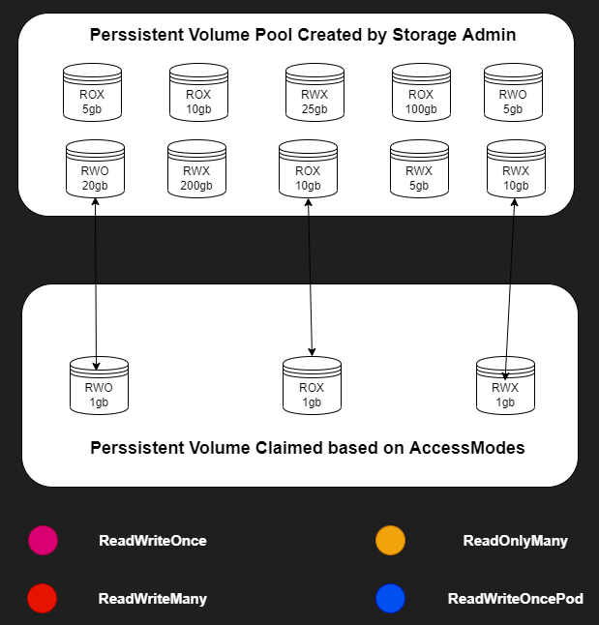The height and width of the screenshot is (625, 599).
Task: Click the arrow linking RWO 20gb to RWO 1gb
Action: tap(97, 281)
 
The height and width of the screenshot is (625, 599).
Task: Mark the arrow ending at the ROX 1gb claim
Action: tap(310, 281)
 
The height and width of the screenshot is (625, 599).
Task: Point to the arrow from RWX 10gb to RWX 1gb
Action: tap(511, 281)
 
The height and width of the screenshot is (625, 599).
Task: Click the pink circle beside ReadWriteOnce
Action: tap(44, 541)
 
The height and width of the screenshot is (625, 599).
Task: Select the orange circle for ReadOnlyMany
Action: tap(390, 541)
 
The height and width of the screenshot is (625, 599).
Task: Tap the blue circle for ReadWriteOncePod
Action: tap(390, 599)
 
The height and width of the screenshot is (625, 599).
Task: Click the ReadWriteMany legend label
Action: tap(153, 599)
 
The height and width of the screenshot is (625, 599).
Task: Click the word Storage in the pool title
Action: tap(425, 35)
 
